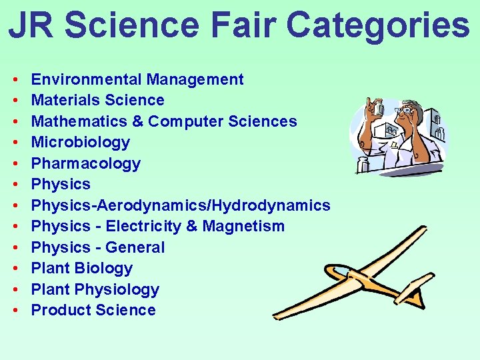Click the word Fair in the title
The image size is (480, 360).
point(243,25)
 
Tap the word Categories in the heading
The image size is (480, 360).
point(377,25)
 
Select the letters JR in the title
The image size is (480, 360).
point(33,25)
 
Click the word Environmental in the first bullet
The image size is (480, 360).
point(87,79)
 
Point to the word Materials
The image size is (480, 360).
point(64,100)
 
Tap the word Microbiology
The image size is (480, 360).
point(81,142)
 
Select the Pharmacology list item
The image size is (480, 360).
point(86,163)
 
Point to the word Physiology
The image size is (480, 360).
point(117,289)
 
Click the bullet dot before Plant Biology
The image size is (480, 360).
point(15,269)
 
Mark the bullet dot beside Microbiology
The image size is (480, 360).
point(15,143)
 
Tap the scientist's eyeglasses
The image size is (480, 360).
point(405,111)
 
